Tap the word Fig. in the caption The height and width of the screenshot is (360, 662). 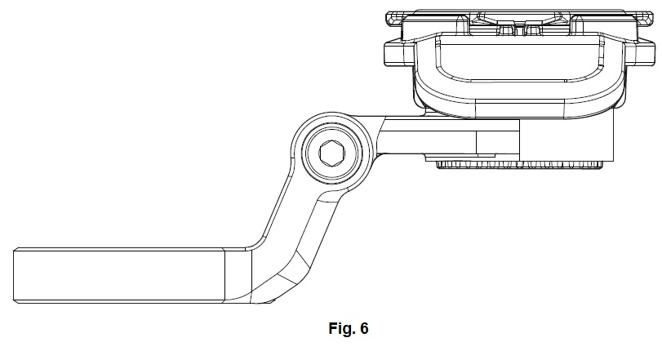pos(339,330)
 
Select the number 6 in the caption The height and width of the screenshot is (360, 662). pos(364,330)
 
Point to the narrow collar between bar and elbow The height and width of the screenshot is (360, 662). pos(236,275)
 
